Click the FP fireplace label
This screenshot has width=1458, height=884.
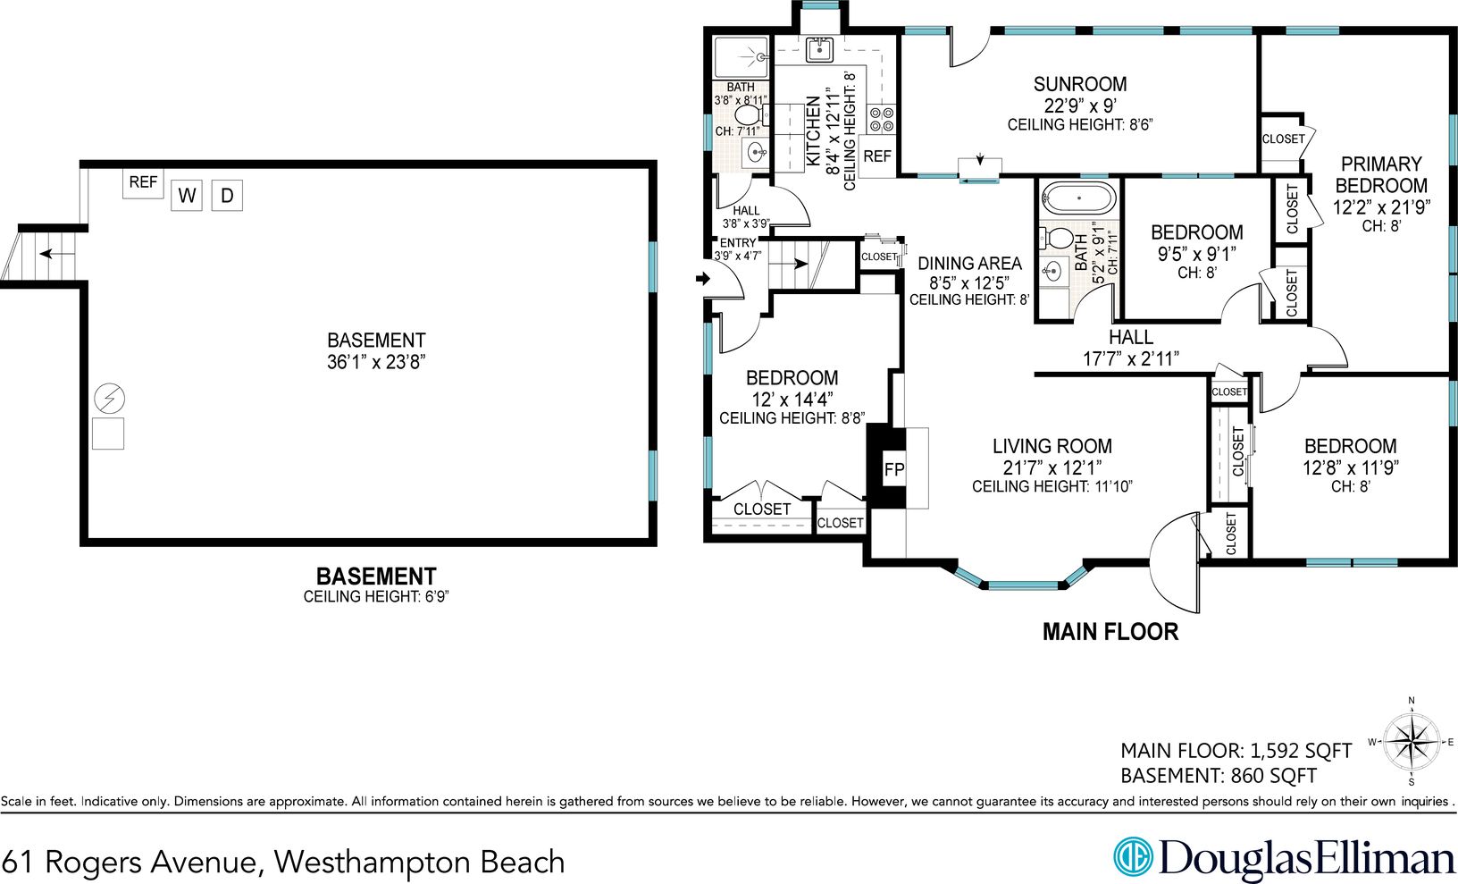click(894, 469)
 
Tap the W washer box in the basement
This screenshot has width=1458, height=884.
click(187, 196)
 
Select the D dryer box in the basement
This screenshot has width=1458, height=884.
click(227, 196)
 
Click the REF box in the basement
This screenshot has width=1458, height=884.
click(143, 182)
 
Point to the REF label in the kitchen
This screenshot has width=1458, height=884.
click(877, 156)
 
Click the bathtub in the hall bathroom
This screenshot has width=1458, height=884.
click(1078, 197)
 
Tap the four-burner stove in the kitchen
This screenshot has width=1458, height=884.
click(882, 119)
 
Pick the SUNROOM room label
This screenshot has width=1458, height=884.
click(1080, 84)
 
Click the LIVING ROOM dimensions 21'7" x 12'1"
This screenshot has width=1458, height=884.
click(1052, 467)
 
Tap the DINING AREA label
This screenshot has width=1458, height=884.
click(970, 263)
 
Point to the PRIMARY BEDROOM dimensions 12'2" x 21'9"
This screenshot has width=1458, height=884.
click(1381, 207)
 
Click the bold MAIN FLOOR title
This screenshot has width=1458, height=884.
click(1110, 632)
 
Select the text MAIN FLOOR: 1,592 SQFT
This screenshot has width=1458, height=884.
click(1236, 751)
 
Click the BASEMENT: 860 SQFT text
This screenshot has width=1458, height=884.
click(1219, 776)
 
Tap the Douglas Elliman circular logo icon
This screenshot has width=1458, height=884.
click(1133, 856)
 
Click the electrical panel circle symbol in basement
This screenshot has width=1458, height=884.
click(109, 399)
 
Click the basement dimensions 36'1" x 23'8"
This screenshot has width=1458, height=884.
click(376, 361)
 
